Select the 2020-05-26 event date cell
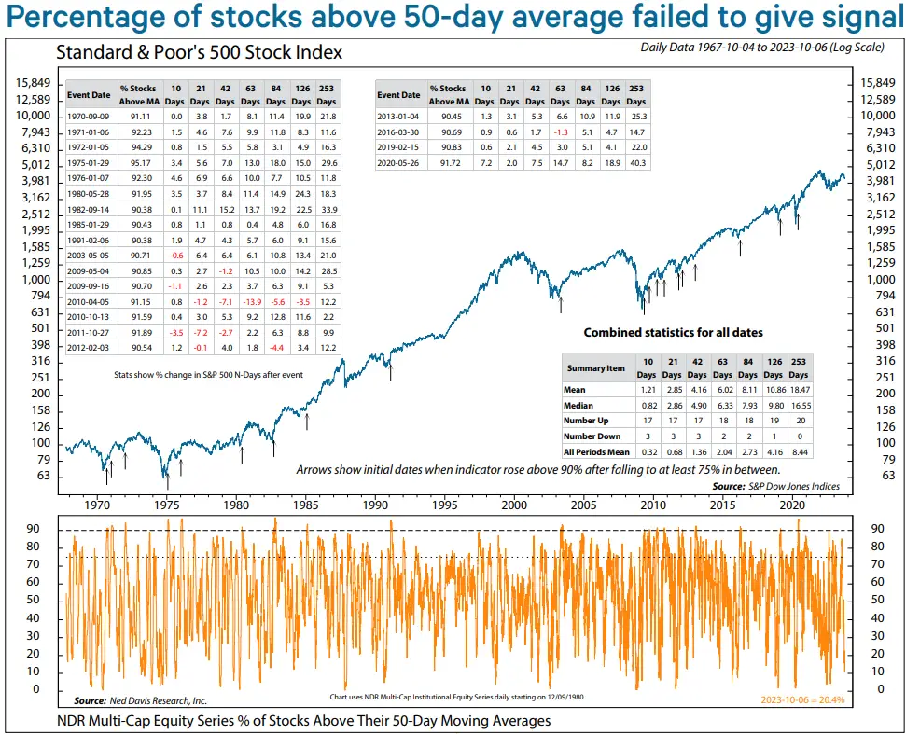(x=398, y=164)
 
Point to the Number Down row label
(x=592, y=436)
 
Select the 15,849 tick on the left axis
(x=34, y=83)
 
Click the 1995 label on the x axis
(x=445, y=505)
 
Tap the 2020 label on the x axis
(x=791, y=505)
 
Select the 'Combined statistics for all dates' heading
(x=673, y=333)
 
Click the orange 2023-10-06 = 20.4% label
(x=802, y=699)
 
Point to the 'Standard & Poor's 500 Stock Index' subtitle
(x=199, y=52)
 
